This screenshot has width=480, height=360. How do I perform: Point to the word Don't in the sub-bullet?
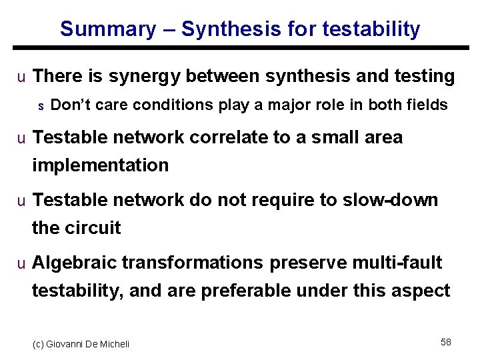(x=69, y=105)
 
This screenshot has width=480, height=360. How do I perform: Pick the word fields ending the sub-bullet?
(x=428, y=105)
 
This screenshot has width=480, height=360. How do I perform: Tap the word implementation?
(x=100, y=165)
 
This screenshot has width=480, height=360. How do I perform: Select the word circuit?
(x=93, y=228)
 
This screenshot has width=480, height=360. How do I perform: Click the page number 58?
(x=445, y=342)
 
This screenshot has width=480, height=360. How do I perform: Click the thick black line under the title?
(x=240, y=47)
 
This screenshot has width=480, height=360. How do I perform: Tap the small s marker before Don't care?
(x=41, y=105)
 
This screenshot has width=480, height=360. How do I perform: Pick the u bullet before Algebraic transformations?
(x=21, y=263)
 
